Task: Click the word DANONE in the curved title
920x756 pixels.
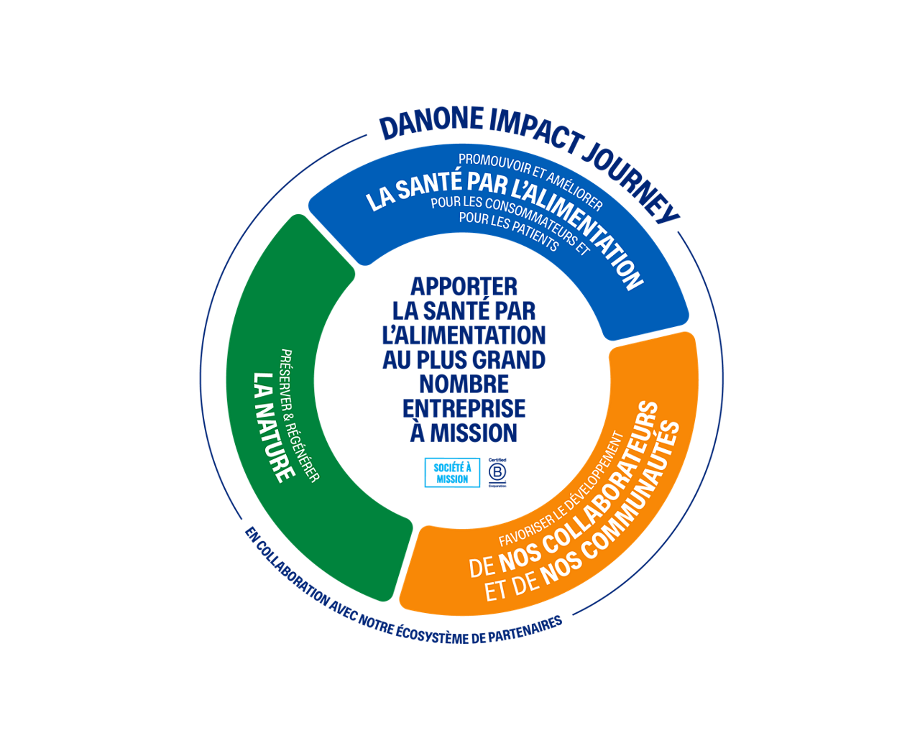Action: [x=431, y=124]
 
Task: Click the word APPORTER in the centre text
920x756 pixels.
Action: [x=464, y=287]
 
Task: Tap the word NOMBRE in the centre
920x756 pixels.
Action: [x=464, y=384]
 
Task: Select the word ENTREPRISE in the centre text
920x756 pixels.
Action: [x=464, y=408]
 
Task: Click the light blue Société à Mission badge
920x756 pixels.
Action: [x=452, y=473]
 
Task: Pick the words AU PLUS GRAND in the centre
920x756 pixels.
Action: [x=464, y=359]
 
